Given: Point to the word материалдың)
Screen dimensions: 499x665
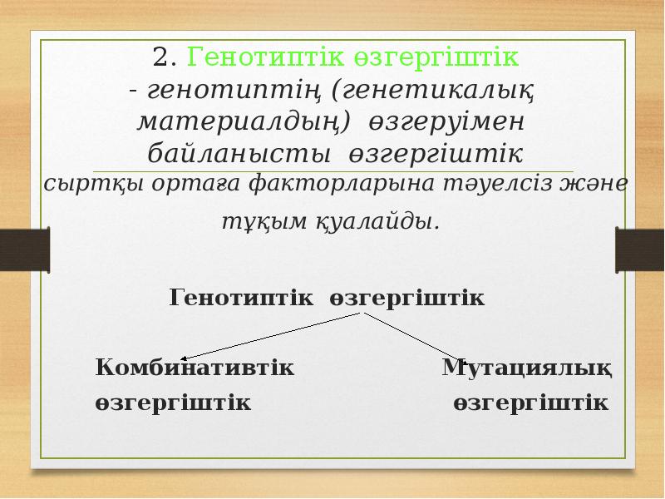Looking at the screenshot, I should (x=241, y=121).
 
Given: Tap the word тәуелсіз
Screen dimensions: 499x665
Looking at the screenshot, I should (x=506, y=184).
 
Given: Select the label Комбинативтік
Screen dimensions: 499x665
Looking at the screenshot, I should (x=195, y=368).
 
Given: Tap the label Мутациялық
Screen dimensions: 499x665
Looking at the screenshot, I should (x=528, y=368).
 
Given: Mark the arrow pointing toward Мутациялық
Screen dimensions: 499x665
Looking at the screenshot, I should (x=420, y=338).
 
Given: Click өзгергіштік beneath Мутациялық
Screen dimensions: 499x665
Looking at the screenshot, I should (x=532, y=403).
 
